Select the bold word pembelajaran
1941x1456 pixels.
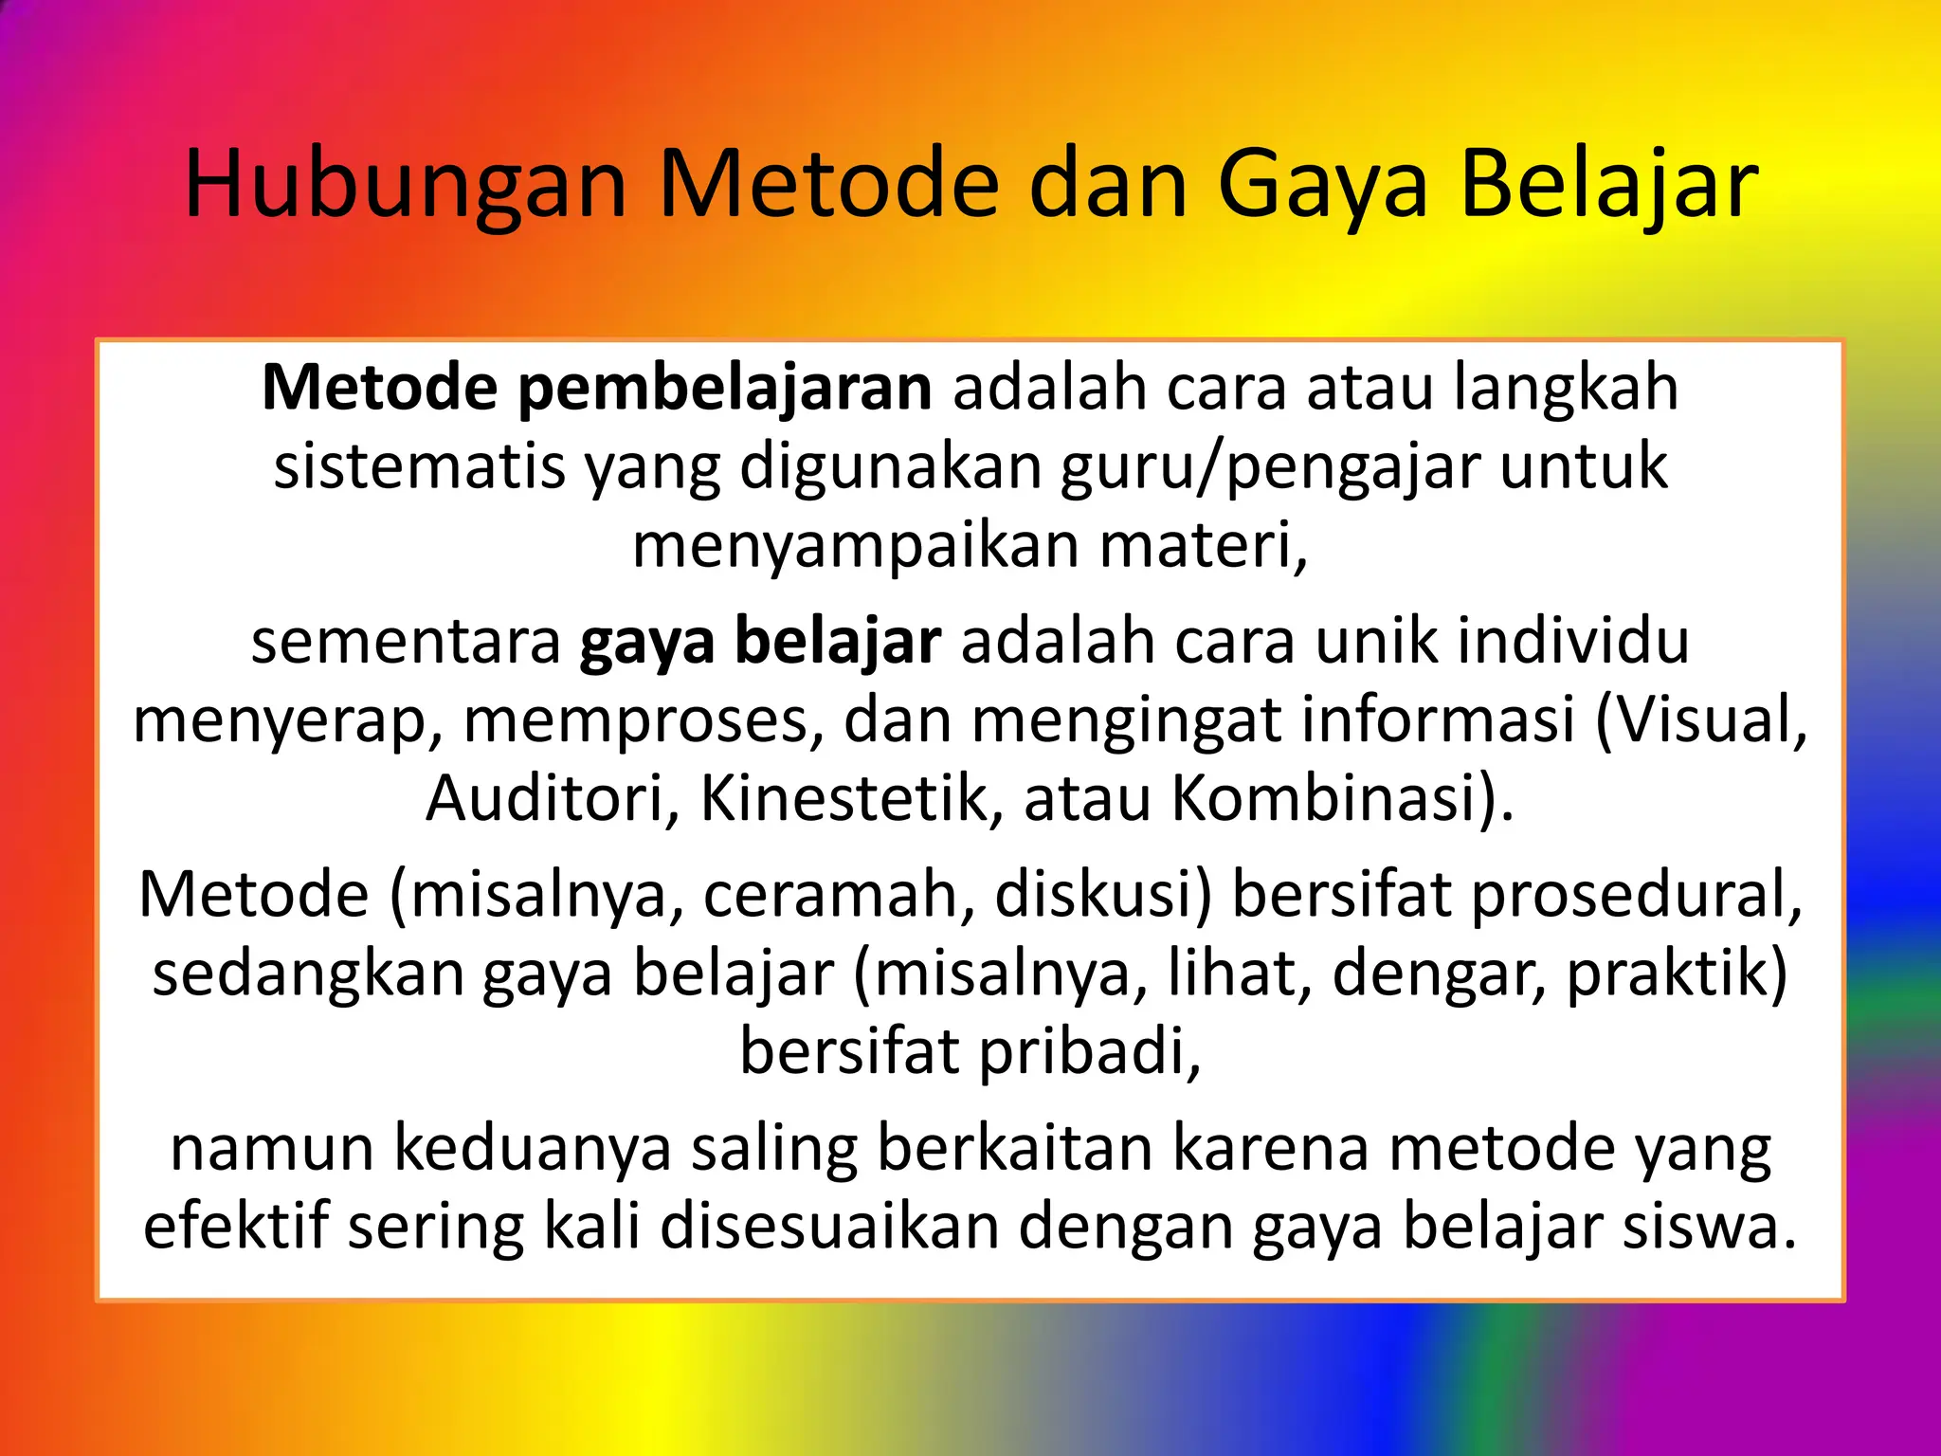click(x=725, y=389)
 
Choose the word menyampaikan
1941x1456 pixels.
click(x=855, y=546)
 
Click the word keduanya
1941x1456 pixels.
click(x=532, y=1149)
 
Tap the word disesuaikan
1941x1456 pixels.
click(x=829, y=1227)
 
